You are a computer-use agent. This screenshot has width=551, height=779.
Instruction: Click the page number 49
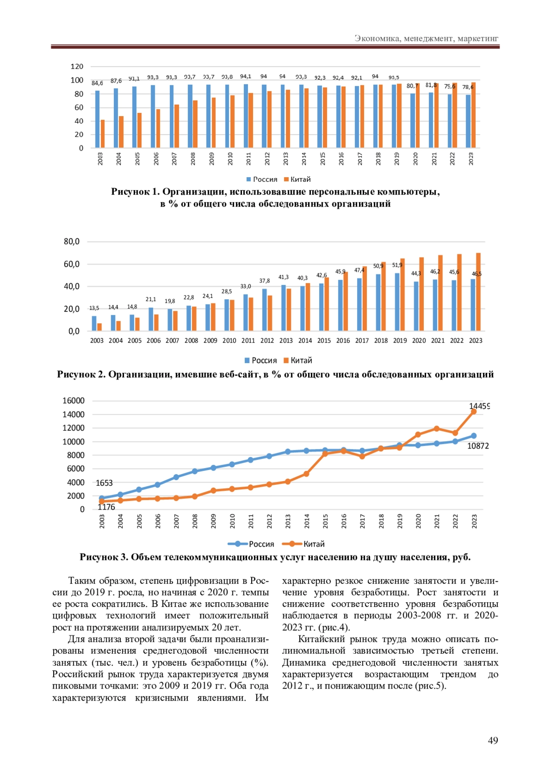coord(493,740)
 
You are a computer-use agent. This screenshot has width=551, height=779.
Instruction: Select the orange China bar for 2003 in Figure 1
coord(103,134)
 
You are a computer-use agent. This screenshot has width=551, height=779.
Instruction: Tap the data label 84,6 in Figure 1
coord(97,83)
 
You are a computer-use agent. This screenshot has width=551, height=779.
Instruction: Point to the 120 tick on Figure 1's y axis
coord(77,67)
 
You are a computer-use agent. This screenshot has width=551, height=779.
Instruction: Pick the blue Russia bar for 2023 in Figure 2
coord(473,305)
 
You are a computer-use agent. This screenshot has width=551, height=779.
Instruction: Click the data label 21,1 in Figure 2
coord(151,299)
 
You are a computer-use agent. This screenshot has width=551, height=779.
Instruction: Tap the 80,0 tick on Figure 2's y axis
coord(72,241)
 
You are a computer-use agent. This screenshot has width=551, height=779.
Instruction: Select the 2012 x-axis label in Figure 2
coord(267,341)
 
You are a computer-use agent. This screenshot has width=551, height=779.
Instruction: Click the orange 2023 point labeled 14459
coord(474,412)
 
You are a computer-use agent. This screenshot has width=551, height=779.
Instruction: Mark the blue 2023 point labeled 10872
coord(474,436)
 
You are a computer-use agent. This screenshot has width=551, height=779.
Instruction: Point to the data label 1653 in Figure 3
coord(104,483)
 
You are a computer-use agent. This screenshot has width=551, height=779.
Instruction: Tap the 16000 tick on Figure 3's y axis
coord(73,401)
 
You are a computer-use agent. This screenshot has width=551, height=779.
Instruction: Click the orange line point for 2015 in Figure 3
coord(325,454)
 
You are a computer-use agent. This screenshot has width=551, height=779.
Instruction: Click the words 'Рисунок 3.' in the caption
coord(103,557)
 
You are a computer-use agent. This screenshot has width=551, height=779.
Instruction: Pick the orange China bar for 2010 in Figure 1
coord(232,122)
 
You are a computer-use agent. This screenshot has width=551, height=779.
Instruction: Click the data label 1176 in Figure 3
coord(107,507)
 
